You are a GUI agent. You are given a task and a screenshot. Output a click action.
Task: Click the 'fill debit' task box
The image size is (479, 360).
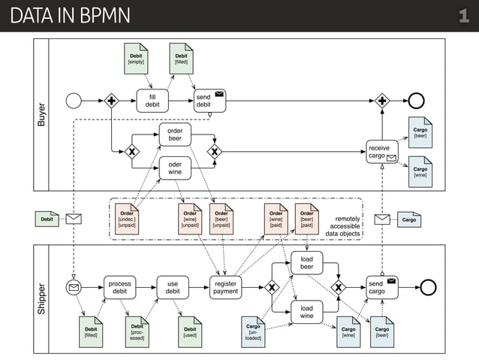(152, 101)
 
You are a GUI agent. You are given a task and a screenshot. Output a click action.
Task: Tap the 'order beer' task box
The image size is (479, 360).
(174, 135)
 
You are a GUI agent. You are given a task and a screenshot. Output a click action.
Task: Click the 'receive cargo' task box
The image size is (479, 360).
(381, 152)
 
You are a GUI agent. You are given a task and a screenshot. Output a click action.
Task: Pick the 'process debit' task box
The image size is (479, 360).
(119, 287)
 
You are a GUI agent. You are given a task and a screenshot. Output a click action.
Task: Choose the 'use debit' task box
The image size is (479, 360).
(173, 287)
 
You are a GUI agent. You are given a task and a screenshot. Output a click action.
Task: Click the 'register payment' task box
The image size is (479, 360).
(226, 287)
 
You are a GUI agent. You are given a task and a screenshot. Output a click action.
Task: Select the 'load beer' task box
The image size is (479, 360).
(306, 262)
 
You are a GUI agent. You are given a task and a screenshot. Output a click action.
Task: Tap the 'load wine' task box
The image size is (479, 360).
(306, 312)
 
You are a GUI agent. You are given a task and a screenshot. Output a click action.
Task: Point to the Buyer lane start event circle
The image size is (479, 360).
(74, 101)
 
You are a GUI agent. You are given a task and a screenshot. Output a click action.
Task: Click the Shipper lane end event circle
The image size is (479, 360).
(428, 287)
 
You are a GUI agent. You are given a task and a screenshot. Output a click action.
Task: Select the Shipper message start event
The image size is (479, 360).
(74, 287)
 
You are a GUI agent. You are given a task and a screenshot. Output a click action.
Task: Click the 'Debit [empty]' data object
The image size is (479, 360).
(136, 59)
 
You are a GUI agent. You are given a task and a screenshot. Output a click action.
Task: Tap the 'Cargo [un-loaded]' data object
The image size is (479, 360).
(254, 331)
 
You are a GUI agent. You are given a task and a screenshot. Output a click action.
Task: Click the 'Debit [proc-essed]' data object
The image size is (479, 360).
(137, 331)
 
